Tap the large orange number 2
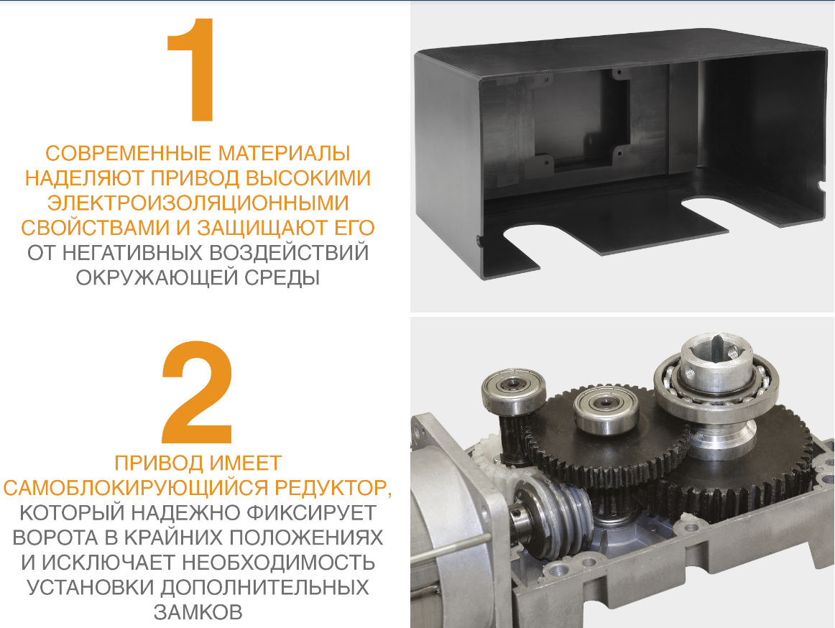click(198, 392)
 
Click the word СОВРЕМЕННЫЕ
click(129, 153)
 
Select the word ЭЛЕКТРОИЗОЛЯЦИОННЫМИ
click(198, 203)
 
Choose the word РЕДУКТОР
click(333, 489)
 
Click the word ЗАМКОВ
click(198, 612)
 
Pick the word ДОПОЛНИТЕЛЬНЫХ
click(264, 587)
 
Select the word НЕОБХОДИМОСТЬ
click(279, 563)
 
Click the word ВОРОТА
click(55, 537)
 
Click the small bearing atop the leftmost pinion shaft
click(514, 388)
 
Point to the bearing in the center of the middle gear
click(606, 409)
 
